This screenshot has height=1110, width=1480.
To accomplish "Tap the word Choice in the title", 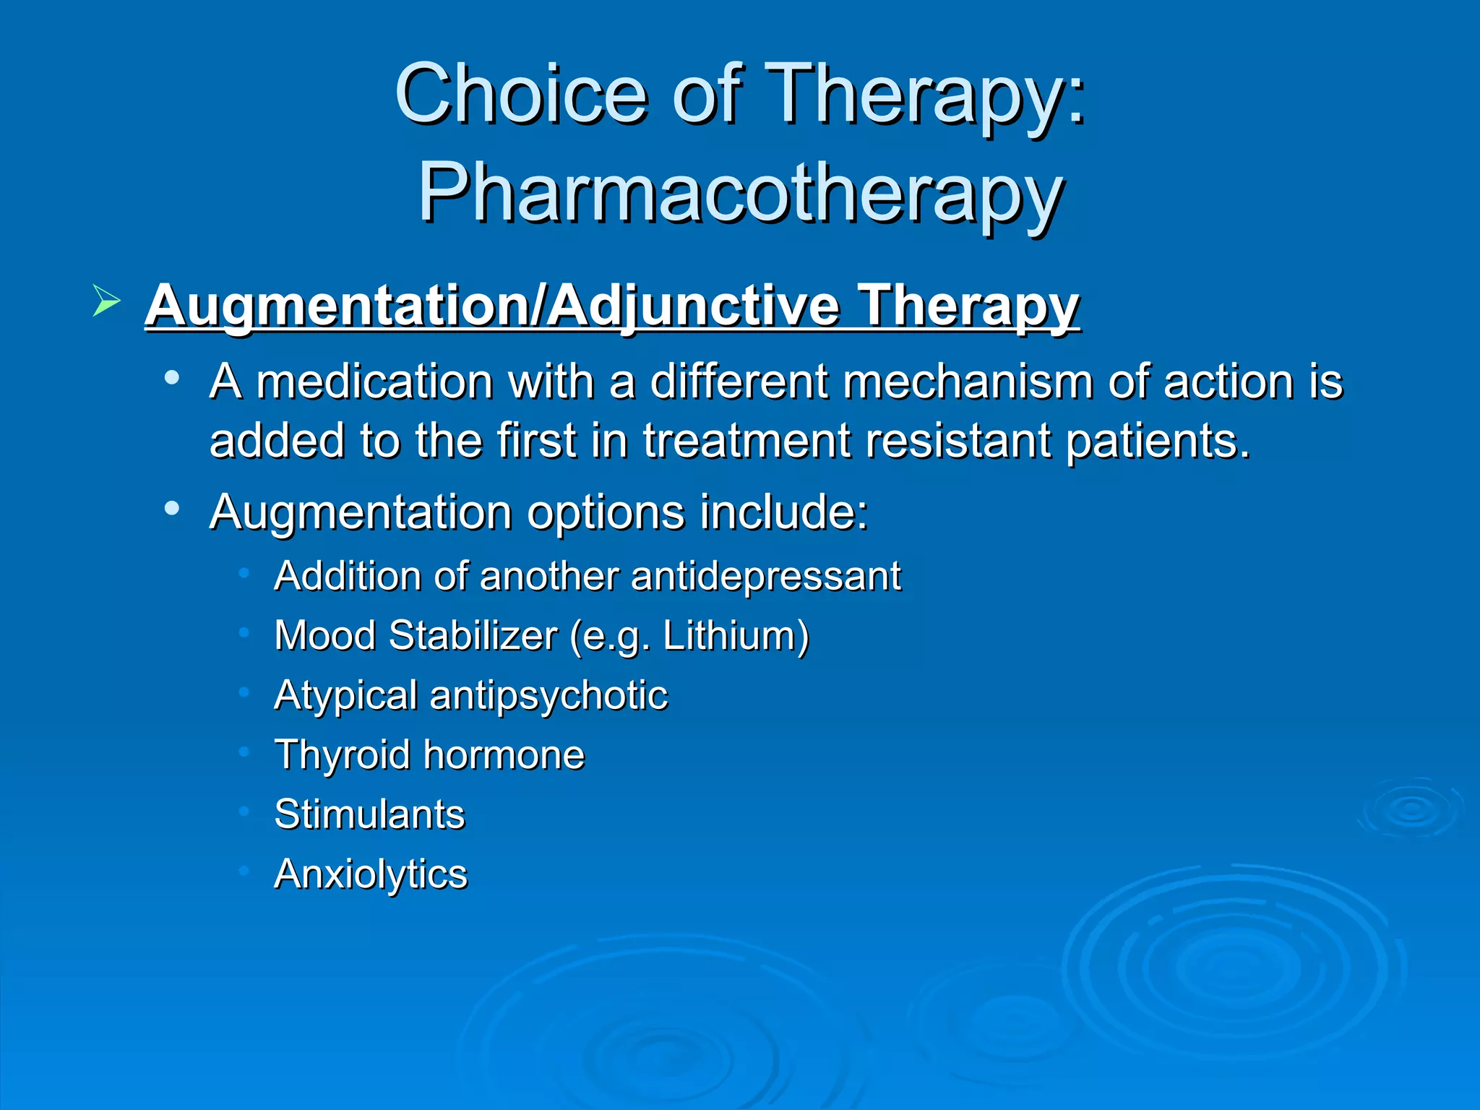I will coord(520,94).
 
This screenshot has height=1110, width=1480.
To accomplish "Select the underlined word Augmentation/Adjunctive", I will coord(491,306).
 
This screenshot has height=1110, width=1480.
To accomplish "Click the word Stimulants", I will coord(370,814).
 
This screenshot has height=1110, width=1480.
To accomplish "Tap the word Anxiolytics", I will coord(371,874).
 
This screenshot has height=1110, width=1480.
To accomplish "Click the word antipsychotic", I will coord(548,696).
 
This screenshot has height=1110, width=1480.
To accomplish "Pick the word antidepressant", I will coord(765,577).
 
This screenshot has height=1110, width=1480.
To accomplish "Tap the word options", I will coord(606,512).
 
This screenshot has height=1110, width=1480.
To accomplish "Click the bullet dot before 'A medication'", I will coord(171,377).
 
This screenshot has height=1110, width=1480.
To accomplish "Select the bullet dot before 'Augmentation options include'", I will coord(171,509).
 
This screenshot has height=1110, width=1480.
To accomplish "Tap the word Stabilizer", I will coord(473,636).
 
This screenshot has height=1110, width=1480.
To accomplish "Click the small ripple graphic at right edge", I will coord(1411,808).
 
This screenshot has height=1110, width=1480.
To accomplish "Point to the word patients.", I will coord(1158,441).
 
